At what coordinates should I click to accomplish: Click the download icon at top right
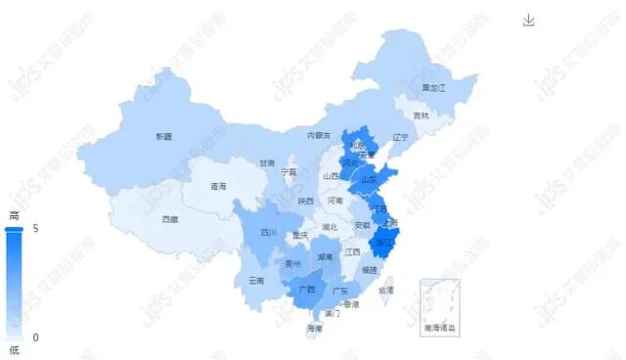(529, 21)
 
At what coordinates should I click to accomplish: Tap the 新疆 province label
(163, 136)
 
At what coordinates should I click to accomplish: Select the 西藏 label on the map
(170, 219)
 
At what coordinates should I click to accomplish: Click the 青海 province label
(218, 186)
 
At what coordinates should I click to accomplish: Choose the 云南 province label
(256, 280)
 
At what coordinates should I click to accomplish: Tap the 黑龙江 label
(433, 88)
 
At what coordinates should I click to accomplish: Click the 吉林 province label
(421, 115)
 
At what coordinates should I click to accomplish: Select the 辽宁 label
(398, 137)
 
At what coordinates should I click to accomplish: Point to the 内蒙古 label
(319, 135)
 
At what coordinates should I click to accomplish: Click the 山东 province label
(369, 180)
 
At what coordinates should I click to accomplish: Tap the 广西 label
(307, 290)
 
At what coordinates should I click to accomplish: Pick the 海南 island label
(314, 328)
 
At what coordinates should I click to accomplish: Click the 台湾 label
(386, 291)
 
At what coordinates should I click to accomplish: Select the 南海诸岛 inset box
(439, 306)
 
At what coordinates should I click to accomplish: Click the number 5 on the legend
(35, 228)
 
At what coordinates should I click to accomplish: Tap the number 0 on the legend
(35, 337)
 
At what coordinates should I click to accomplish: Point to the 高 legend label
(14, 215)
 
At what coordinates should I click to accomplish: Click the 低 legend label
(14, 350)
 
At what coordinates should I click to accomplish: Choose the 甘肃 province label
(267, 163)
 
